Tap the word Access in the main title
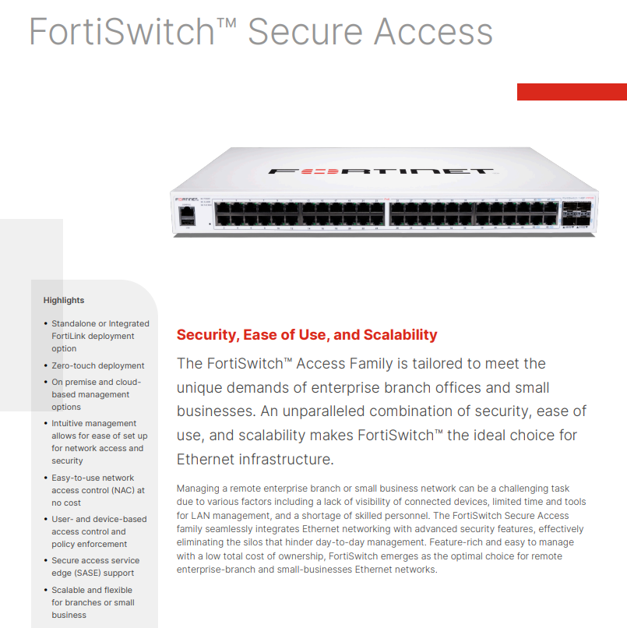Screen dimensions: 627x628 point(433,32)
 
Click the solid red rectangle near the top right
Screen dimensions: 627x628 point(572,92)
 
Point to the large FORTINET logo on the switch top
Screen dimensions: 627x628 point(381,171)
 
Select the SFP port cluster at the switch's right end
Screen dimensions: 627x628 point(579,213)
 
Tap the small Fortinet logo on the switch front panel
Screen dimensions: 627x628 point(185,199)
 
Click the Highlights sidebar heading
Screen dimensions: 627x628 point(64,300)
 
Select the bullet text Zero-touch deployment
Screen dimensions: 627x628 point(98,365)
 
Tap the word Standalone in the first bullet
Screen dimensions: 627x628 point(74,323)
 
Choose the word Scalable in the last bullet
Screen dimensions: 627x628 point(69,590)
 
